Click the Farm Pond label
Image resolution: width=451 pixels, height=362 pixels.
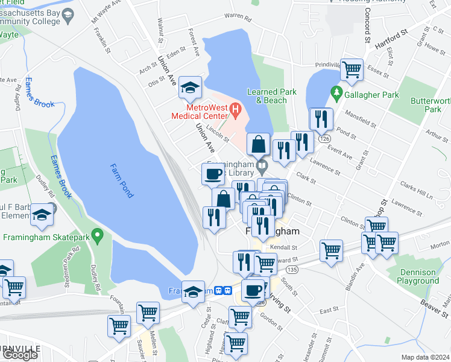tap(122, 181)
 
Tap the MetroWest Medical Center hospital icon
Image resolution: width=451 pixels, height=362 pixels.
tap(236, 111)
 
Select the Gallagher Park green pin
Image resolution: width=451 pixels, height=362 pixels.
tap(337, 94)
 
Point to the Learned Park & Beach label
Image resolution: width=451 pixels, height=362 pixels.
tap(267, 96)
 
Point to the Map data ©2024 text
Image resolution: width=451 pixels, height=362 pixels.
tap(425, 357)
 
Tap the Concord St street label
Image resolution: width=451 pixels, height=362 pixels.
tap(367, 28)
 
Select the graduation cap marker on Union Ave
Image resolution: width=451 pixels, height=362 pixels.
tap(190, 88)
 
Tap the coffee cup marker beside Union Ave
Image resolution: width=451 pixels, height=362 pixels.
tap(212, 174)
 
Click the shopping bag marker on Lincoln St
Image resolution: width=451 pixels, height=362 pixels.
tap(258, 144)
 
